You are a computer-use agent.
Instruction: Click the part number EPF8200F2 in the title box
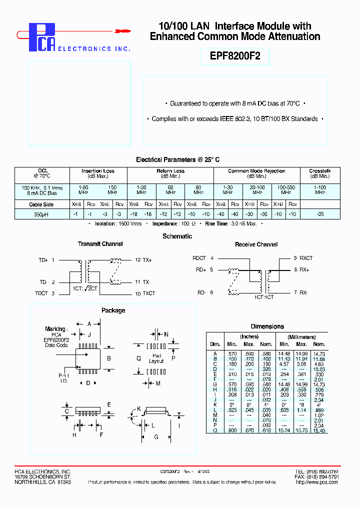[x=231, y=56]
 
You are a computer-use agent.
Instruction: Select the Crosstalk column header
[x=319, y=171]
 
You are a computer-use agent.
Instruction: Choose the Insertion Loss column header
[x=98, y=171]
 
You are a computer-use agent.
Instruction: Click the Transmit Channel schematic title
[x=100, y=244]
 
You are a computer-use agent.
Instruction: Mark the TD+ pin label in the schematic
[x=43, y=260]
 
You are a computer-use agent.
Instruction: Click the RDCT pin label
[x=199, y=258]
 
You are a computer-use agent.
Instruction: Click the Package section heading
[x=113, y=310]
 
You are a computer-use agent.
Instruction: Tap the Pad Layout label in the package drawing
[x=156, y=358]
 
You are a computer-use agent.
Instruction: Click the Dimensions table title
[x=267, y=326]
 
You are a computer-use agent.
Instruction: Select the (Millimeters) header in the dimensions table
[x=301, y=336]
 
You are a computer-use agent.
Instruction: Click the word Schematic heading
[x=177, y=236]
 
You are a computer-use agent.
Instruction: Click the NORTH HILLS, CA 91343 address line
[x=42, y=482]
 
